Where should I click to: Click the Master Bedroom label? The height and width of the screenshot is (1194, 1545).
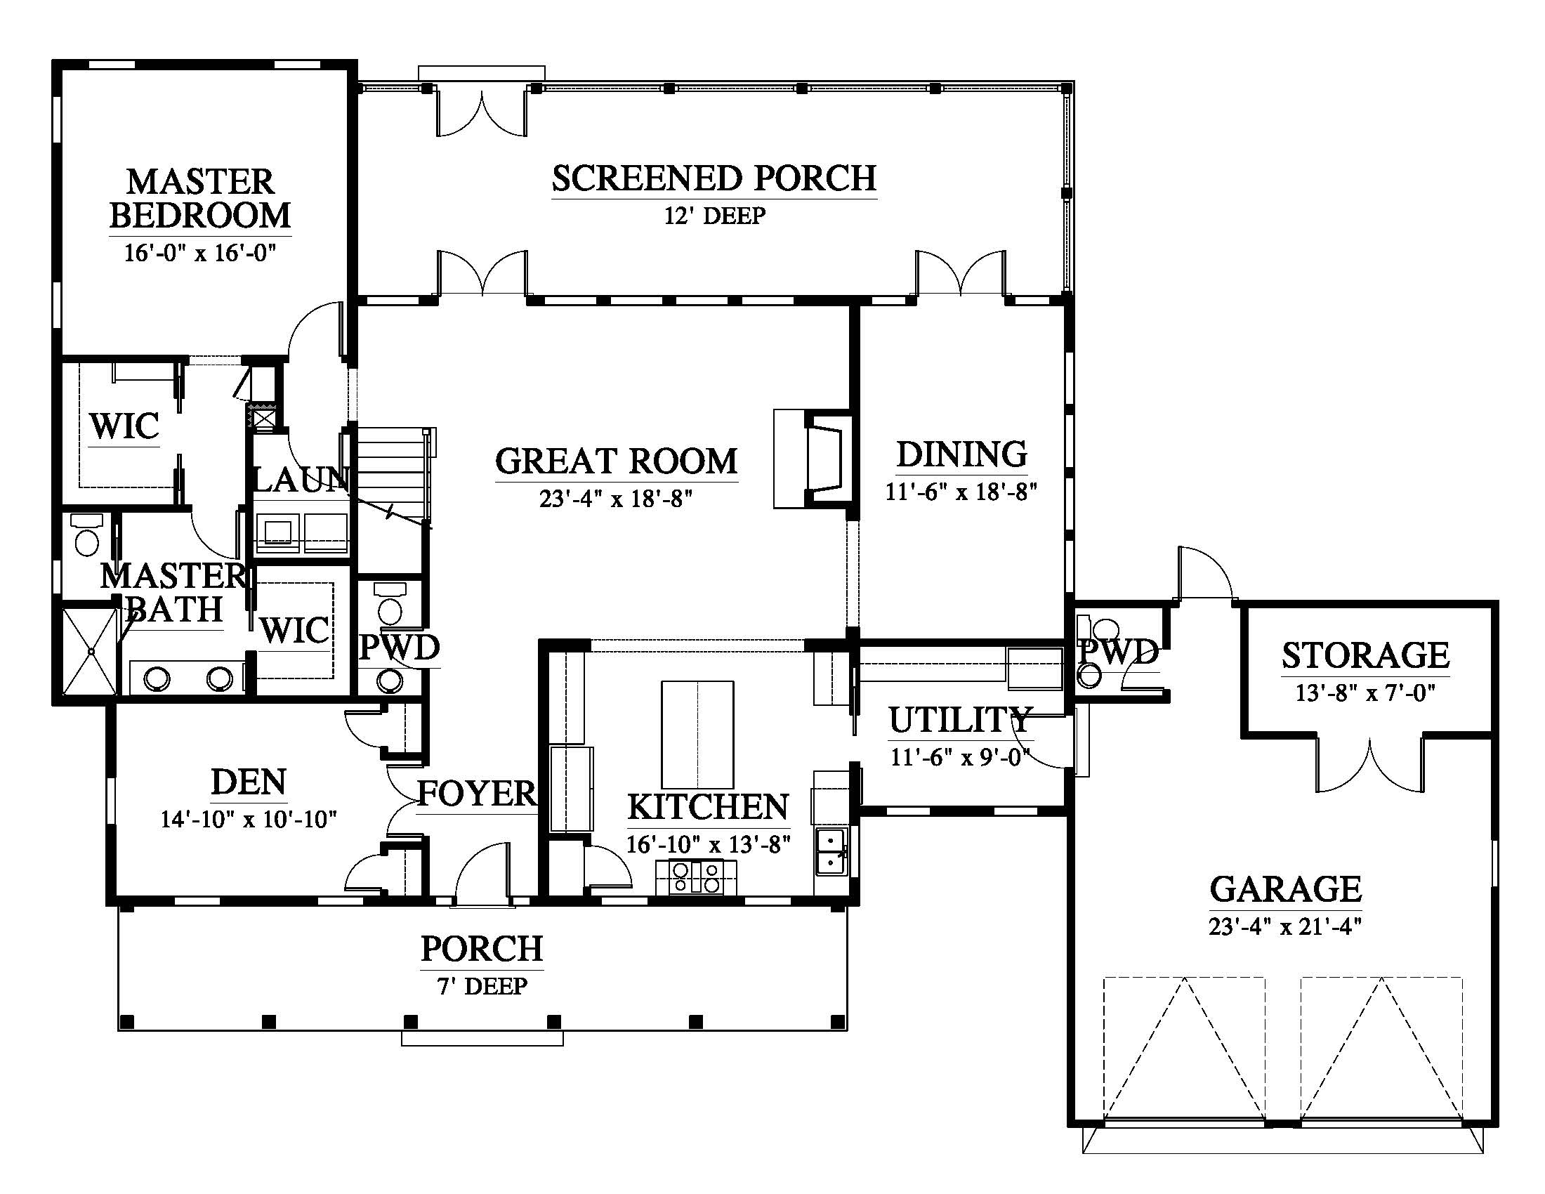coord(200,198)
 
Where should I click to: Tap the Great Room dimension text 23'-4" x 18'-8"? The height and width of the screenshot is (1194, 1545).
coord(615,499)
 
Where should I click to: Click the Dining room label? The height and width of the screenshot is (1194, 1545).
coord(961,454)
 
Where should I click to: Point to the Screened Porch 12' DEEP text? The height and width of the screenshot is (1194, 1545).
coord(714,216)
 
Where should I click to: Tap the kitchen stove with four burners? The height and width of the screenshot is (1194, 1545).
coord(696,877)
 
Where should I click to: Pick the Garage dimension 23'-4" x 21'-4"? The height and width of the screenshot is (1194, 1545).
coord(1285,926)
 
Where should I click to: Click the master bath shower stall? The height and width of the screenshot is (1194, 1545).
coord(91,652)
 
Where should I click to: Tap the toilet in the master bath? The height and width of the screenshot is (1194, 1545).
coord(86,534)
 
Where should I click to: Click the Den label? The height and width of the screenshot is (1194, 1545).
coord(249,782)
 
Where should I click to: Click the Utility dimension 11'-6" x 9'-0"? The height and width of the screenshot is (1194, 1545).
coord(960,758)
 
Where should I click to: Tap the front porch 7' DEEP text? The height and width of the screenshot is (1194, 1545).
coord(482,986)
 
